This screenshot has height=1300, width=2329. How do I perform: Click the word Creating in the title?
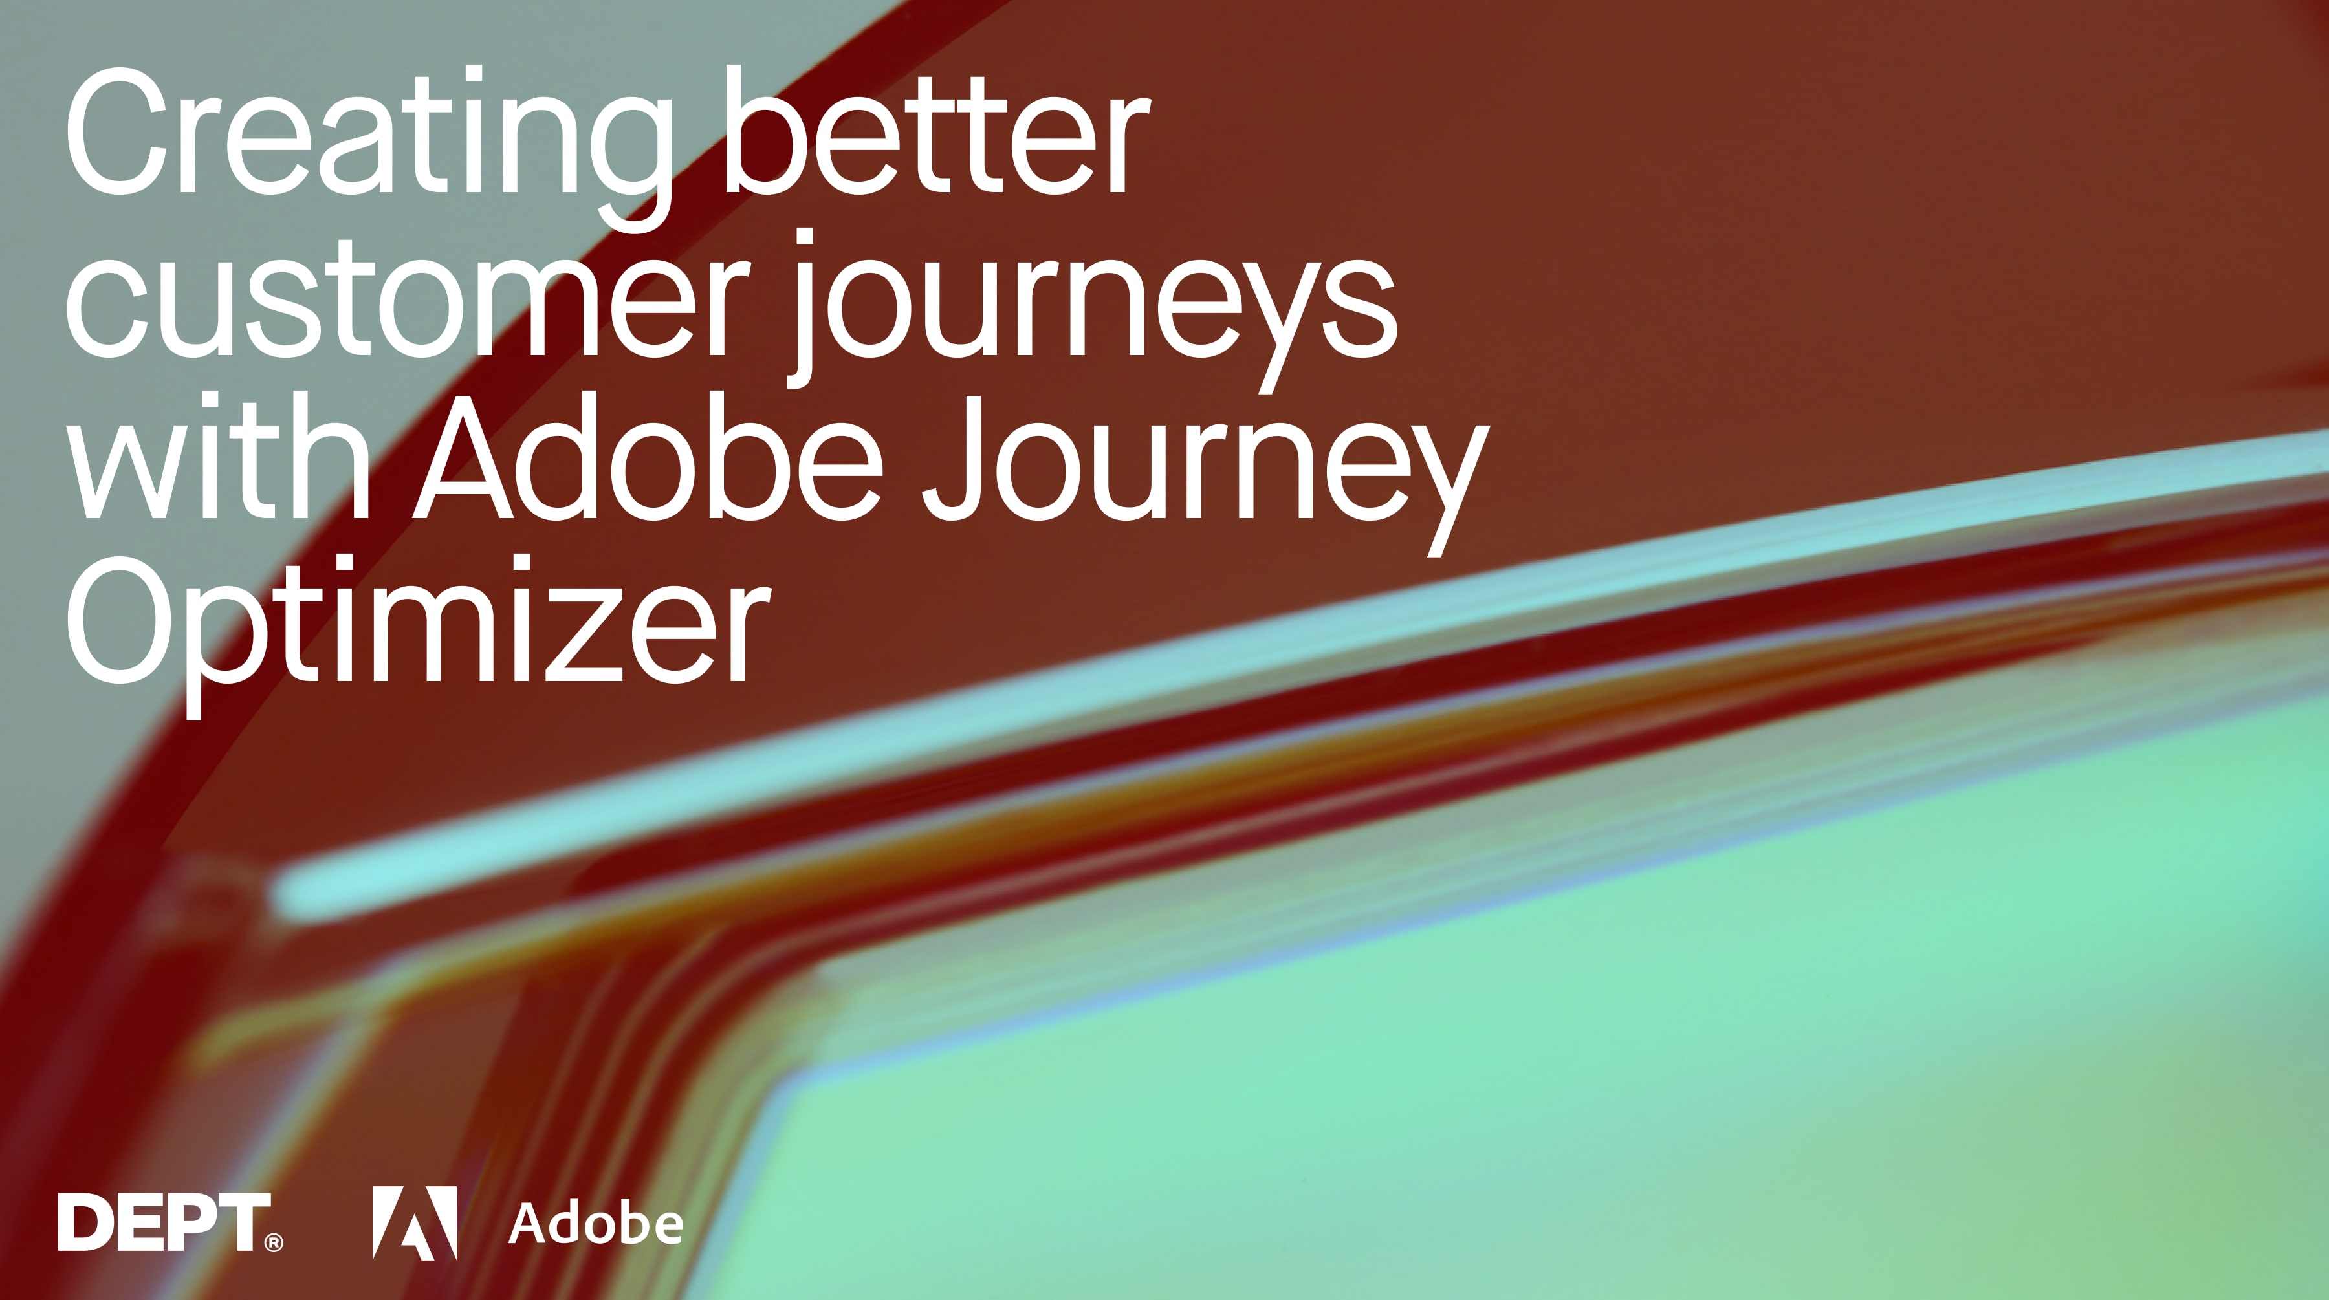click(x=366, y=136)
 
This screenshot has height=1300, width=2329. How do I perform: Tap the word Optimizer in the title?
click(x=416, y=628)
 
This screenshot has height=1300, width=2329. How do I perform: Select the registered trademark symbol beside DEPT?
click(x=273, y=1243)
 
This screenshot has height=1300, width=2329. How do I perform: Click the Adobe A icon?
click(x=414, y=1222)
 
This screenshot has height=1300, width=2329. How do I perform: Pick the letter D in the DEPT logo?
click(x=87, y=1222)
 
